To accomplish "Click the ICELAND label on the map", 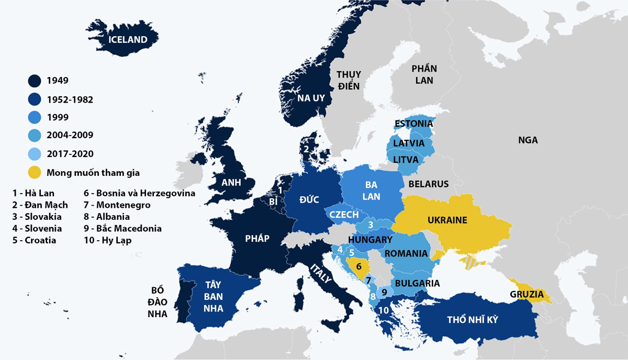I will (x=127, y=39).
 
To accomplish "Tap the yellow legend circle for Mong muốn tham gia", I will (x=35, y=172).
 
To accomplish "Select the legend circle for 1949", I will (x=35, y=81).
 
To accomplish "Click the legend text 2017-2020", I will (x=70, y=154).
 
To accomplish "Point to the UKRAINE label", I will (x=447, y=220).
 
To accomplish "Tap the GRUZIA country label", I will (x=526, y=294).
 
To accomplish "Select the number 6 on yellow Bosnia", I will (x=358, y=266).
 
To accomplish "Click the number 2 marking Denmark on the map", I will (x=306, y=149).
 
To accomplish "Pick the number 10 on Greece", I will (x=384, y=310).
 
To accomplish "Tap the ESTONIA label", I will (x=413, y=124).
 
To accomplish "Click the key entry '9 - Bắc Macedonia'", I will (x=122, y=229).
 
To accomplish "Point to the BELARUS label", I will (x=429, y=184).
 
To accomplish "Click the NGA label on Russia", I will (x=528, y=140).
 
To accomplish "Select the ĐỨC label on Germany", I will (x=309, y=199).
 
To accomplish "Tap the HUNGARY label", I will (x=370, y=240).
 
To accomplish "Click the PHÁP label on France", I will (x=257, y=239).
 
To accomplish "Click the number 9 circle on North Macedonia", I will (x=384, y=292).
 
